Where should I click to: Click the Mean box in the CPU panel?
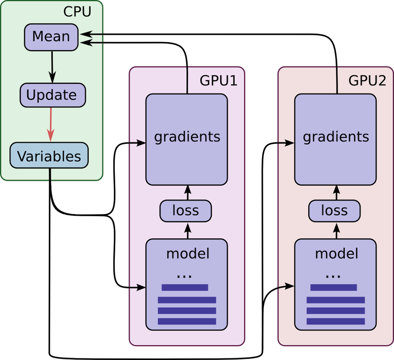point(51,37)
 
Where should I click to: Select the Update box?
point(52,95)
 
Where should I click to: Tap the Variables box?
point(49,156)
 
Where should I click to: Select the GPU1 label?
point(218,81)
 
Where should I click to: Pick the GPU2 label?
point(367,81)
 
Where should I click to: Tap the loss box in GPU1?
point(186,211)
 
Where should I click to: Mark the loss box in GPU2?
point(334,211)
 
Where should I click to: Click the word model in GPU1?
point(188,254)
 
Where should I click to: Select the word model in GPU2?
point(336,254)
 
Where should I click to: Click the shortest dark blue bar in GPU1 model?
point(185,288)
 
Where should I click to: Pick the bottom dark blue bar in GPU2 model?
point(335,322)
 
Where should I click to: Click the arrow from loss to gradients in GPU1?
point(187,192)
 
